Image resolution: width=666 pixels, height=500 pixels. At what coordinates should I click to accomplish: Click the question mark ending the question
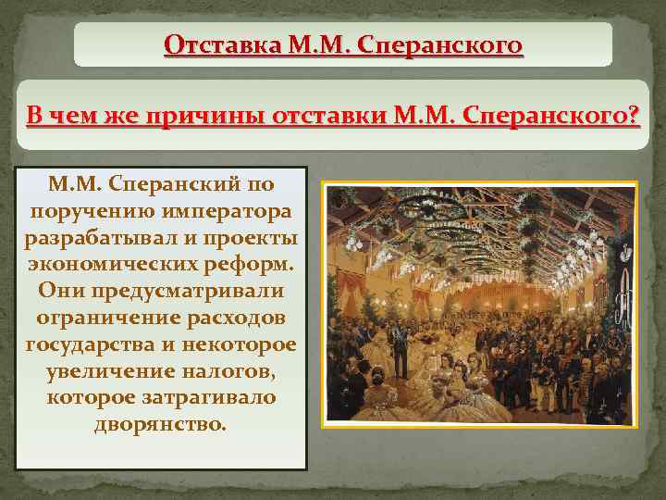coord(634,118)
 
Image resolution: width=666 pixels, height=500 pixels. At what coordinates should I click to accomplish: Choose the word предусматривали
coord(186,290)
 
